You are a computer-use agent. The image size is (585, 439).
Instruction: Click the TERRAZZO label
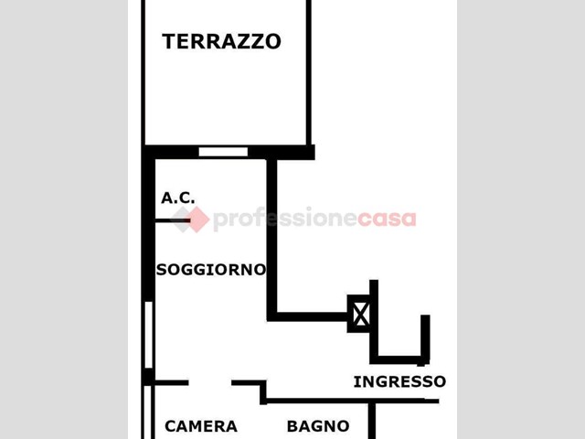[x=221, y=41]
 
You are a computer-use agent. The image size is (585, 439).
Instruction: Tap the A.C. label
[x=177, y=198]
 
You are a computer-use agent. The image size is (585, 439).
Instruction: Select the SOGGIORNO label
[x=211, y=270]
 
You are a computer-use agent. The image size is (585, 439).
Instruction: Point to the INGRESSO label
[x=399, y=381]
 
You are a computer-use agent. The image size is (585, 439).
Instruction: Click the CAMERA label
[x=201, y=426]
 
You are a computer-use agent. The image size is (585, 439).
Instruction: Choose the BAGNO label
[x=318, y=426]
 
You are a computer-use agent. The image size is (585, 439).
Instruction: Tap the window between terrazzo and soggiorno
[x=223, y=152]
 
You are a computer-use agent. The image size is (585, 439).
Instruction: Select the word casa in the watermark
[x=387, y=219]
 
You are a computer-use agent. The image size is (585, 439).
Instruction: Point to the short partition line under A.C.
[x=173, y=220]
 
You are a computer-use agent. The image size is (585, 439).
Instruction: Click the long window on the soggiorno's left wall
[x=148, y=335]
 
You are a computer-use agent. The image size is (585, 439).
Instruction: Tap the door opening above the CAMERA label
[x=209, y=382]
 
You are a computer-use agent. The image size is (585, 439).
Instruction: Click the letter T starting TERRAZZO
[x=170, y=41]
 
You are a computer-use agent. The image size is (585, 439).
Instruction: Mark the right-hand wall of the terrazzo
[x=309, y=73]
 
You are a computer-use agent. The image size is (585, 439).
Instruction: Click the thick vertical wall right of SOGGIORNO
[x=272, y=239]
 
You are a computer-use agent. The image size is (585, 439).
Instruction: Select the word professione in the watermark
[x=284, y=219]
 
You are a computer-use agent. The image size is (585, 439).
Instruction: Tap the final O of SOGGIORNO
[x=260, y=270]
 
